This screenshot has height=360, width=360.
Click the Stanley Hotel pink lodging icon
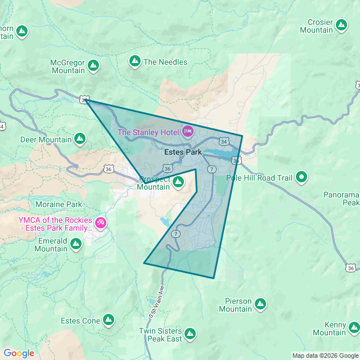tap(187, 132)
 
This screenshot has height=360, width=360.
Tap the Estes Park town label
tap(183, 152)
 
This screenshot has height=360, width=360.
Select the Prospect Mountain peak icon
tap(178, 182)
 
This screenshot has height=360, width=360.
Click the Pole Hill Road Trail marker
tap(302, 178)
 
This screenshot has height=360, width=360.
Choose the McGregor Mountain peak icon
tap(93, 66)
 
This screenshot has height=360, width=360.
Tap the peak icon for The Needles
tap(135, 61)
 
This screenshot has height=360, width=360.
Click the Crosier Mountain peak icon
tap(341, 25)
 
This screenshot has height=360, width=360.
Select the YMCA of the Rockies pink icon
tap(101, 223)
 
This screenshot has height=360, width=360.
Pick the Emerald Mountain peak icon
tap(76, 244)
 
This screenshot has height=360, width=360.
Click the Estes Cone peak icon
tap(109, 321)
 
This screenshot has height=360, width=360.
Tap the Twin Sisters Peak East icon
tap(191, 334)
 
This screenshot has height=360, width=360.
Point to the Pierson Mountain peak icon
tap(260, 304)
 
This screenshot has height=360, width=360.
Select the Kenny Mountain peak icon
tap(354, 328)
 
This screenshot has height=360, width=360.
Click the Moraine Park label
tap(58, 204)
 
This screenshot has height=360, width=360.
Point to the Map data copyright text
tap(325, 355)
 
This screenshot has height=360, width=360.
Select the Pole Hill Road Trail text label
tap(259, 178)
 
